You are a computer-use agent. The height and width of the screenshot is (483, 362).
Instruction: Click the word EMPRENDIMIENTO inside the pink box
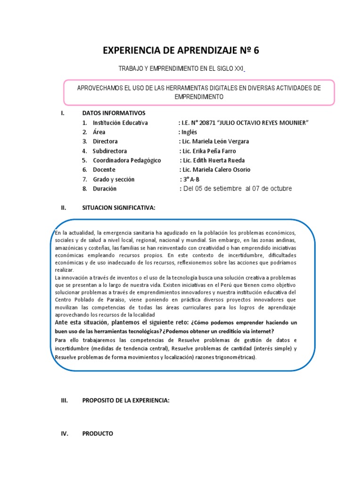[x=199, y=97]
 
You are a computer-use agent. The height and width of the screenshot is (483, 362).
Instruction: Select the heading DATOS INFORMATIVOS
[x=114, y=113]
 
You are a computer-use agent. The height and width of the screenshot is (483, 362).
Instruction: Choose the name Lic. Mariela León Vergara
[x=214, y=142]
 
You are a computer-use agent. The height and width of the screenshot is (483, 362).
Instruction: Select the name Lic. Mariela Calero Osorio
[x=215, y=170]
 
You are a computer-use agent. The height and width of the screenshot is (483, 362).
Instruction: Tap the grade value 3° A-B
[x=189, y=179]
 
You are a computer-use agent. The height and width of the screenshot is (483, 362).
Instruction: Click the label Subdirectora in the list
[x=110, y=151]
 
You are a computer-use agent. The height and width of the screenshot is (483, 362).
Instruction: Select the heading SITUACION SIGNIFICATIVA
[x=118, y=208]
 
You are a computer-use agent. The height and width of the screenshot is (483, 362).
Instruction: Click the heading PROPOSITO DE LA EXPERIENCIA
[x=125, y=401]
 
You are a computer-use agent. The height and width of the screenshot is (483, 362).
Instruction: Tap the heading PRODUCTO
[x=98, y=433]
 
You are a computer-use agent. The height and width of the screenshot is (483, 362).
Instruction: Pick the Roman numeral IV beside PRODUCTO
[x=65, y=433]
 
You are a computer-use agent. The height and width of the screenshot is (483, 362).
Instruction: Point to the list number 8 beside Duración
[x=84, y=189]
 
